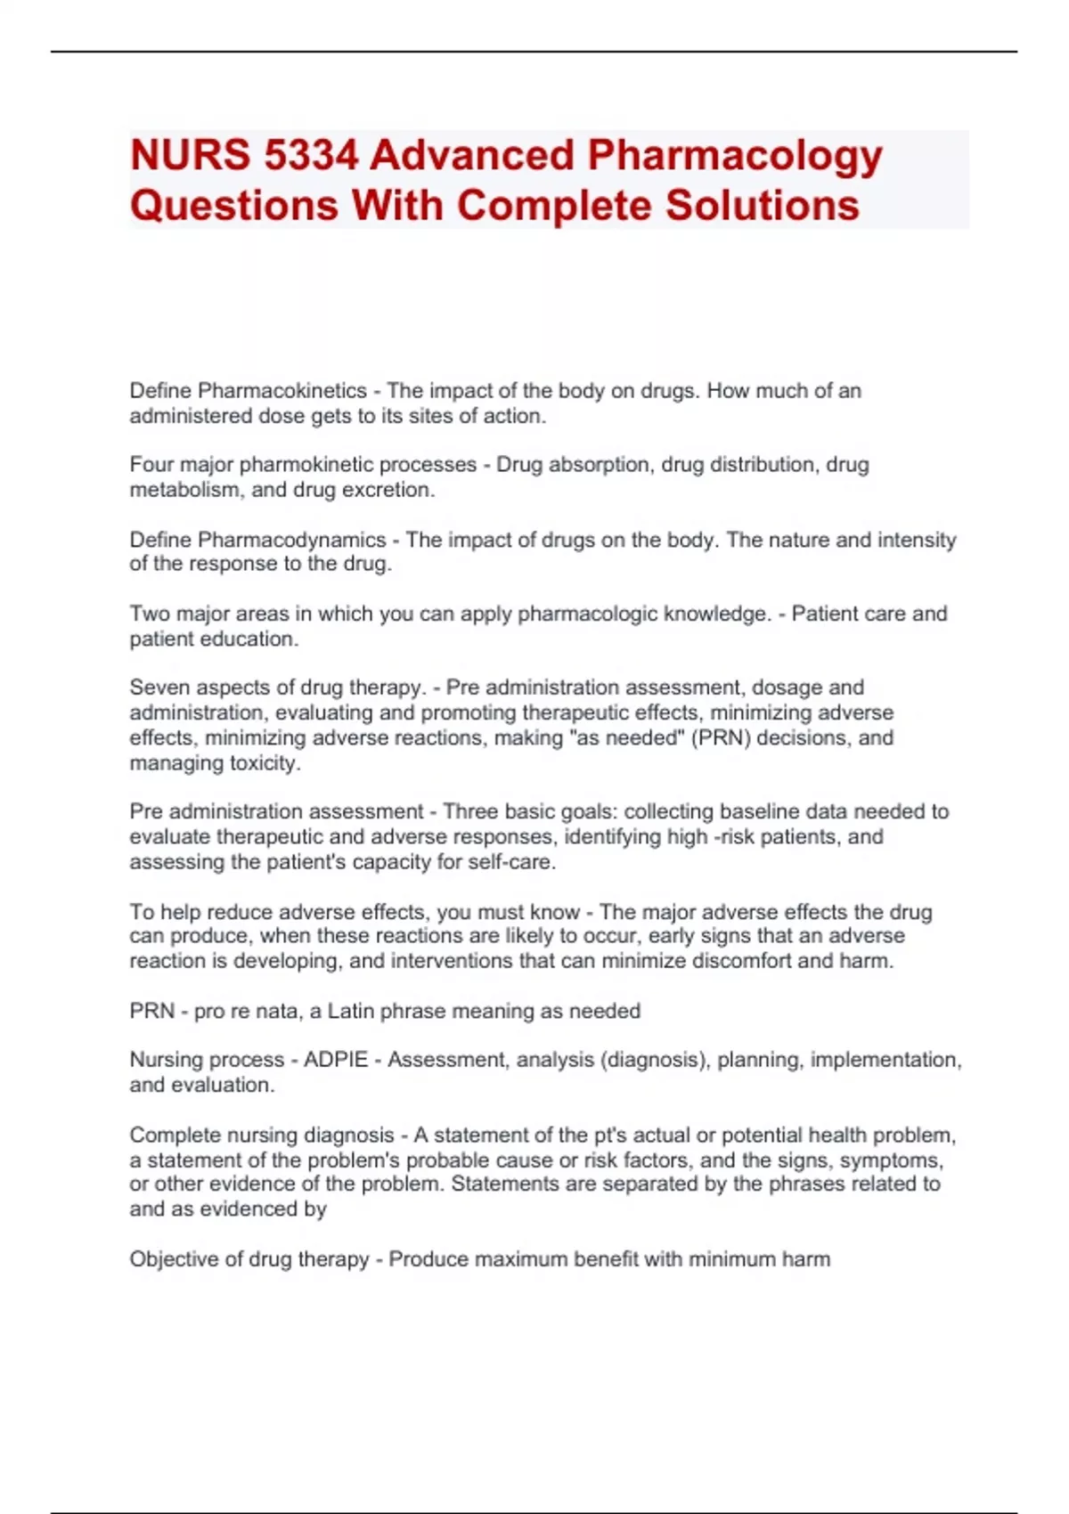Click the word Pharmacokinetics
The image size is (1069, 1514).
pos(282,391)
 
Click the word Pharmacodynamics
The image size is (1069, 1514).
pos(292,540)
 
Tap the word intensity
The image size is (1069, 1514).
pos(917,540)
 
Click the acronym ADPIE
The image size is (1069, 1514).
pos(336,1060)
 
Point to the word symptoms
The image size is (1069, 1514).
pos(891,1160)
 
